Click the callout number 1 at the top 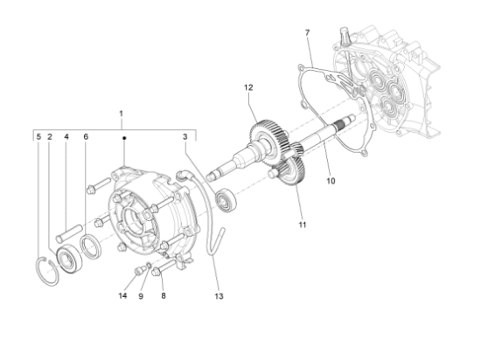(122, 114)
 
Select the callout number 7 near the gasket (307, 33)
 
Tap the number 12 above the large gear (248, 87)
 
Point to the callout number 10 (331, 182)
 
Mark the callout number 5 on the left (38, 137)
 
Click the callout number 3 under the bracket (185, 137)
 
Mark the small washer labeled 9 (150, 267)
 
